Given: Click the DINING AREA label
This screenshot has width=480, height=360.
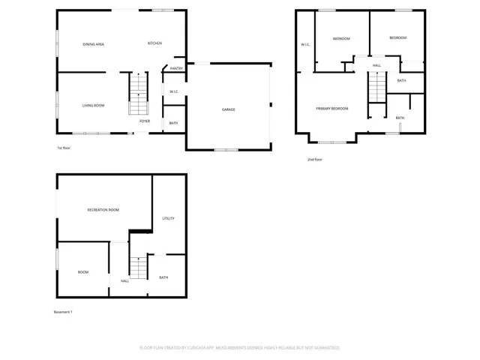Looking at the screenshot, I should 93,44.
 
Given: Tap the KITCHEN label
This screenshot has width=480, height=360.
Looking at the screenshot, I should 154,43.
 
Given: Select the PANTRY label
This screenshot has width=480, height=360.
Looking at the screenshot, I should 176,68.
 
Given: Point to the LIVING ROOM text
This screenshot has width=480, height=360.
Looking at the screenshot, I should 93,106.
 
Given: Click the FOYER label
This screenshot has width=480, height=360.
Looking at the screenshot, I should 145,121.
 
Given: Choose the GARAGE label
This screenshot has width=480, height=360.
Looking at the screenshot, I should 228,109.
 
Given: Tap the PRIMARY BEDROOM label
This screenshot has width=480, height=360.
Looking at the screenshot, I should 331,109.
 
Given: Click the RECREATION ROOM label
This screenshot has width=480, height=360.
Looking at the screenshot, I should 103,210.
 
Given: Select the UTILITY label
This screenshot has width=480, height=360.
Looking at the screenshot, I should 168,218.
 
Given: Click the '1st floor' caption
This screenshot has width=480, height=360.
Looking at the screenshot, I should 64,148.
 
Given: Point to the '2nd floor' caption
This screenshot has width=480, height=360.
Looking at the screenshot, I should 315,159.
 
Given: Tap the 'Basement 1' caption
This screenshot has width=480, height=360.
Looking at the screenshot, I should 64,311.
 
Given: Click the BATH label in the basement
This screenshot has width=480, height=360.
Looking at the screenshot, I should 163,277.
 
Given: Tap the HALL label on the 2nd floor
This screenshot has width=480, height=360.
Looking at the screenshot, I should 377,65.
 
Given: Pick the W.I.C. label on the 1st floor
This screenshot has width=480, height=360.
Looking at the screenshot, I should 173,92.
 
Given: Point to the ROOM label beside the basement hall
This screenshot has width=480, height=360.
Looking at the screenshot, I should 82,272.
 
